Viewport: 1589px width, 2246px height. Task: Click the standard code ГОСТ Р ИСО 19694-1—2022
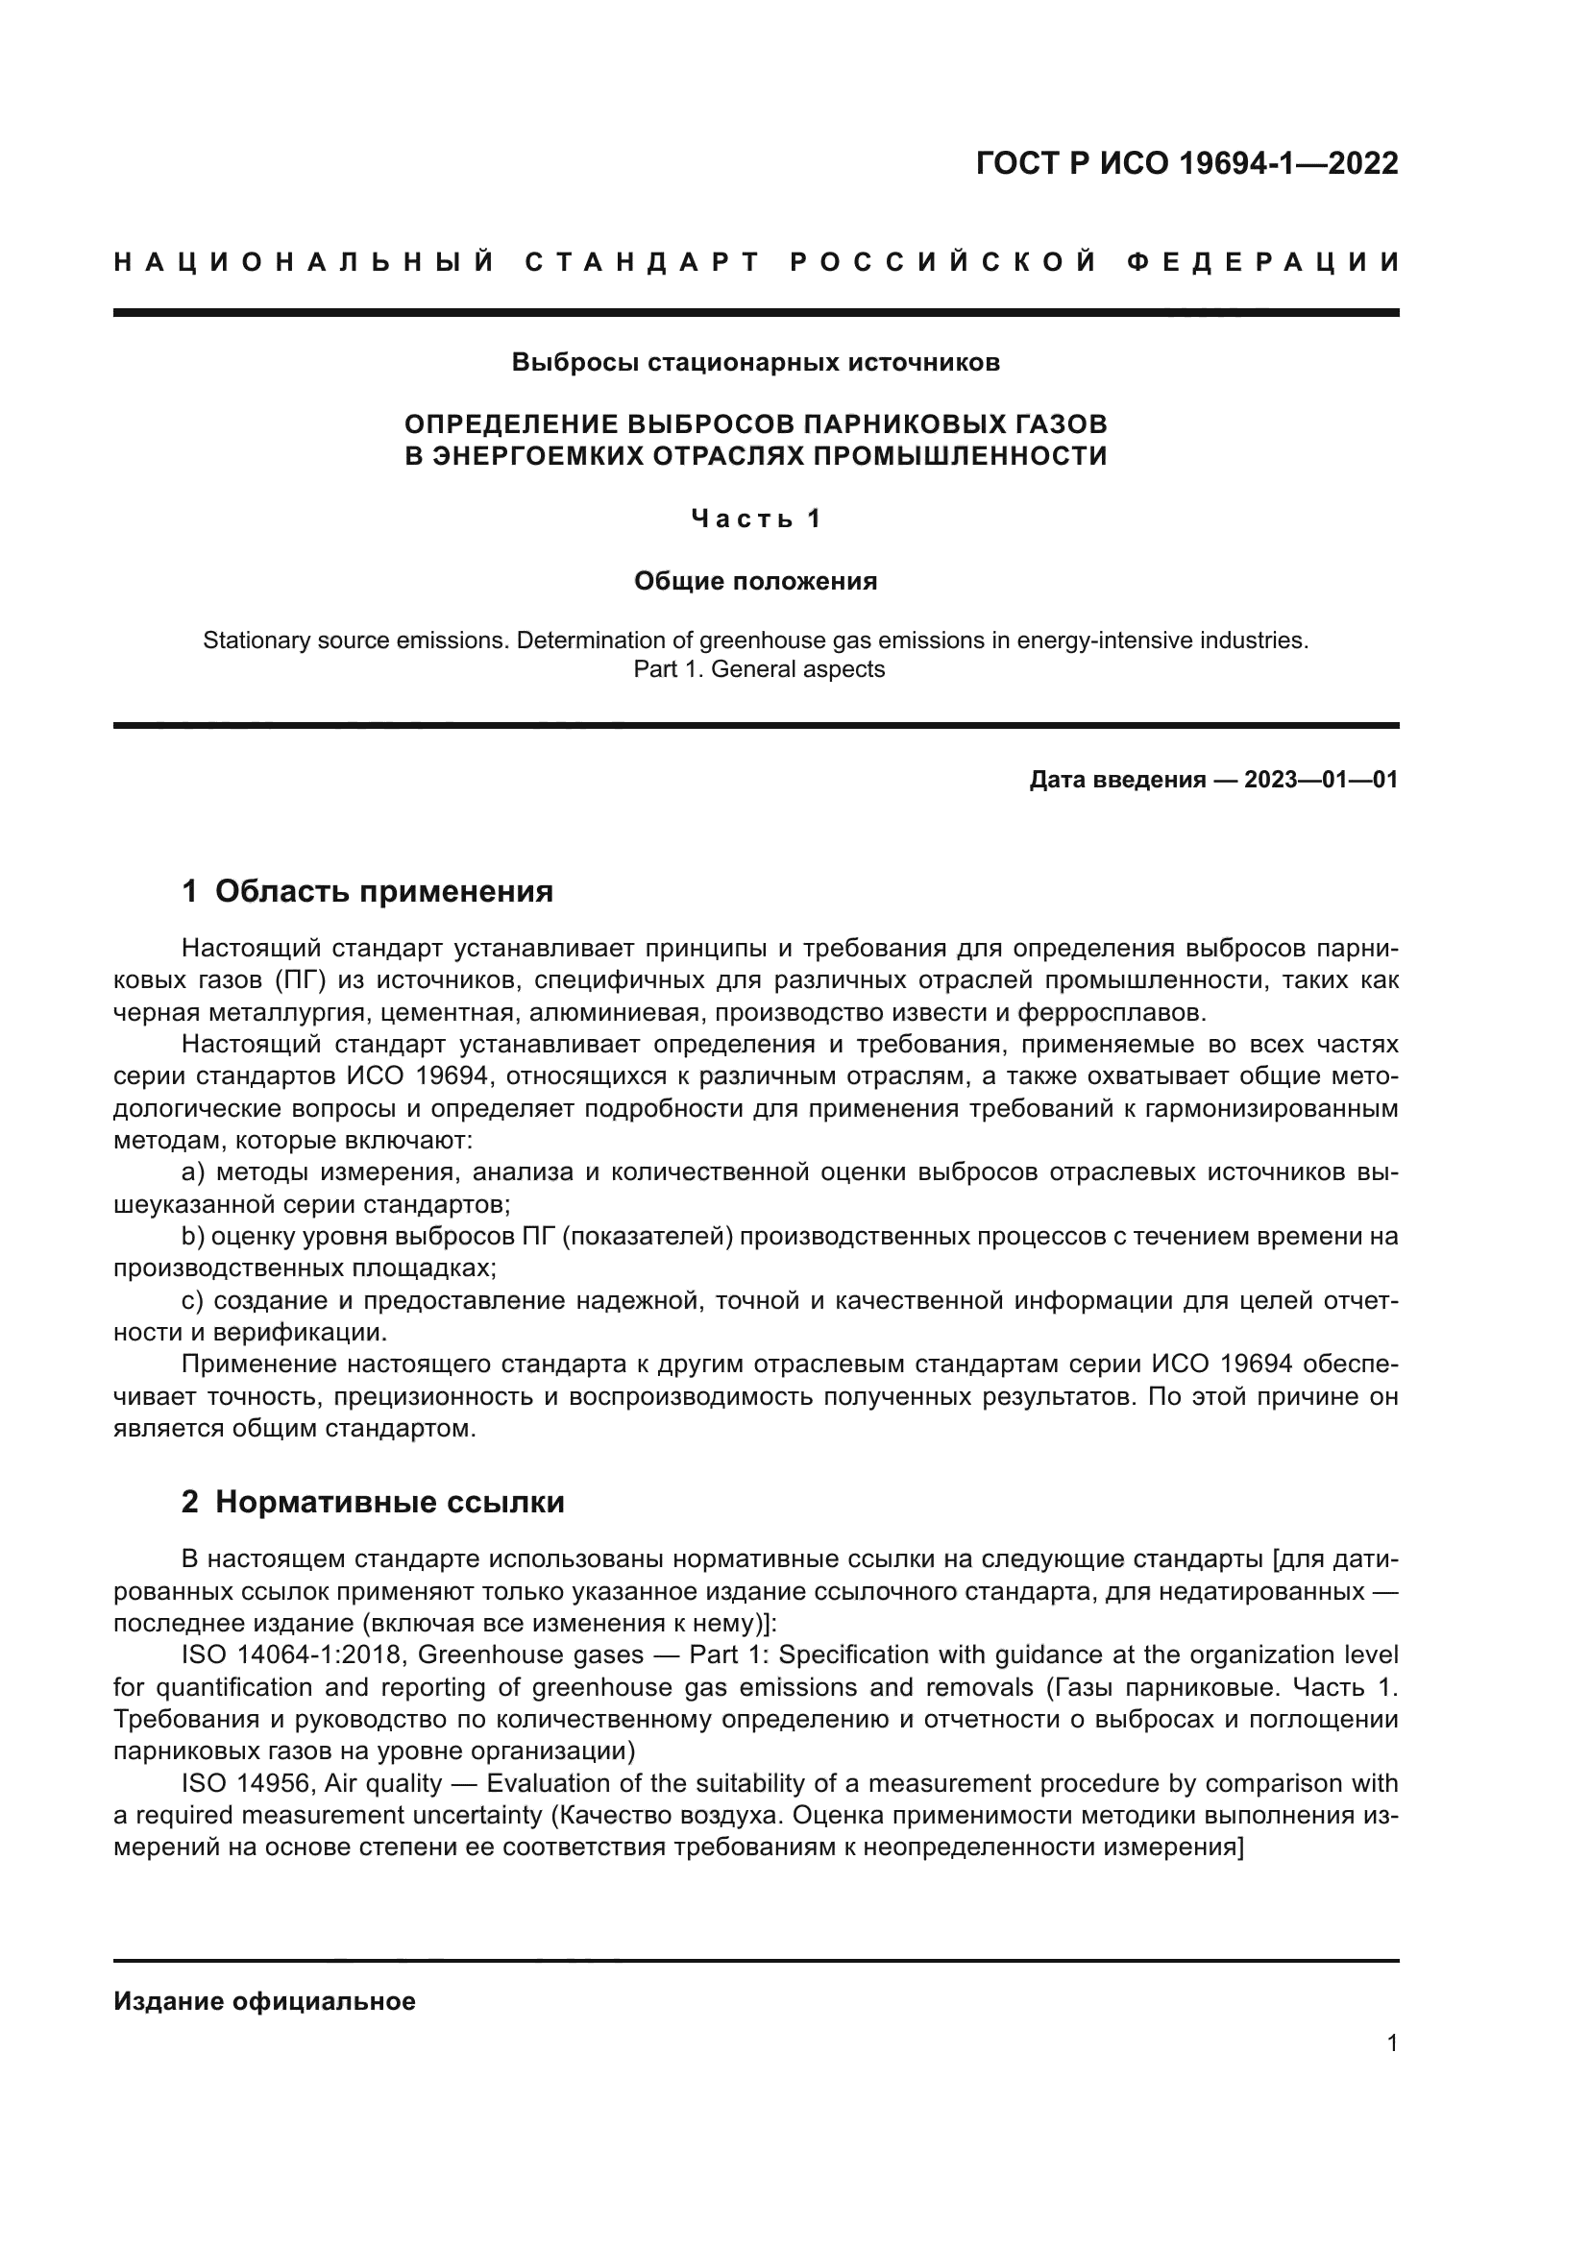coord(1186,163)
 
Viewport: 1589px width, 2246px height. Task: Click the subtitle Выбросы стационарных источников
coord(755,363)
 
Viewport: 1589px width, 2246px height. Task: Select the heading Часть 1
coord(755,519)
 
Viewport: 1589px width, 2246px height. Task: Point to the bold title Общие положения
coord(755,581)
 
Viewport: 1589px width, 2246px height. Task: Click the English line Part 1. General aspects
coord(758,669)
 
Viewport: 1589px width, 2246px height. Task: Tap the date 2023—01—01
coord(1321,780)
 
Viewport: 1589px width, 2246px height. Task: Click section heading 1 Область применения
coord(368,891)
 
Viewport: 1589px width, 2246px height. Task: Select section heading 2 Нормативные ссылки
coord(373,1502)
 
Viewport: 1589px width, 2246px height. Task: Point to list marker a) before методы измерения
coord(194,1171)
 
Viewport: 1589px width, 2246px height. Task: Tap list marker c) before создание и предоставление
coord(193,1300)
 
